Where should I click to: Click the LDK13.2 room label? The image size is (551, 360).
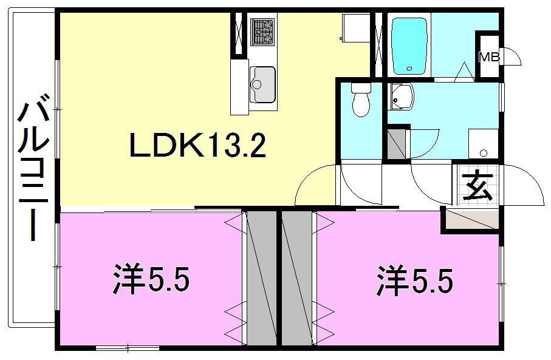pos(197,146)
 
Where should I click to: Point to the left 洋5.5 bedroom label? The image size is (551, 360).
pos(151,280)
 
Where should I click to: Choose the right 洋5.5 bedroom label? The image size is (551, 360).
pos(414,280)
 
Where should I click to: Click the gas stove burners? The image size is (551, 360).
pos(262,31)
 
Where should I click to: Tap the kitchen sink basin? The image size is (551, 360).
pos(262,83)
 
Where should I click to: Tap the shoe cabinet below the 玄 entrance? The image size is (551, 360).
pos(470,219)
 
